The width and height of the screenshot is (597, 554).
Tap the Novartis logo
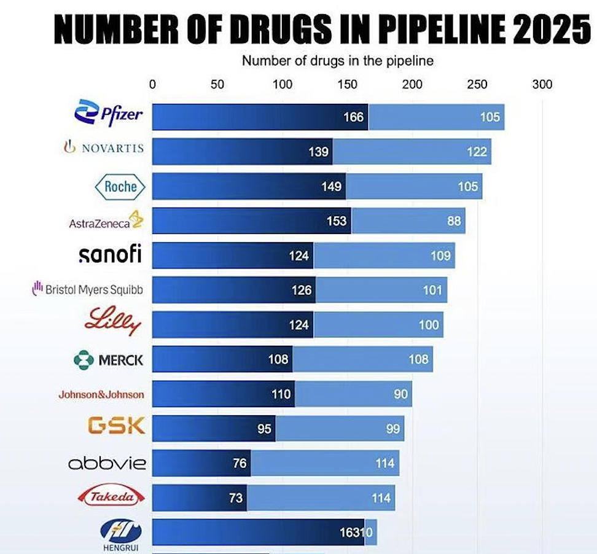click(104, 147)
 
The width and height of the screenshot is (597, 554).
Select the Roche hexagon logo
click(120, 187)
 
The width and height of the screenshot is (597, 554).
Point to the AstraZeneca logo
click(106, 221)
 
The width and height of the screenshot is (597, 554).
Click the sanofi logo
click(110, 254)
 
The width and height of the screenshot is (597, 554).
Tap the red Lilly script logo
click(113, 322)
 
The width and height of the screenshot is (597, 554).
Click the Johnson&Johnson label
click(101, 394)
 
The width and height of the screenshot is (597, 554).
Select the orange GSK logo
click(117, 425)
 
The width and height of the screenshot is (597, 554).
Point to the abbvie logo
click(107, 462)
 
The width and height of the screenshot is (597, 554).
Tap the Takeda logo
click(112, 496)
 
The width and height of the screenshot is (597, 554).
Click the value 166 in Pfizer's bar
click(353, 117)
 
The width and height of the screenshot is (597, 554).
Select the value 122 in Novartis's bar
click(477, 151)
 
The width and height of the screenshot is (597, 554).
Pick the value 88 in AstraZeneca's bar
click(454, 220)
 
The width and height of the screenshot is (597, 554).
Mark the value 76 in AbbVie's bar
click(240, 463)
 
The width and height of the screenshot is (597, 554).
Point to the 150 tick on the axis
click(348, 85)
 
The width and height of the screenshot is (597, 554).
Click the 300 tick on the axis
click(542, 85)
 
